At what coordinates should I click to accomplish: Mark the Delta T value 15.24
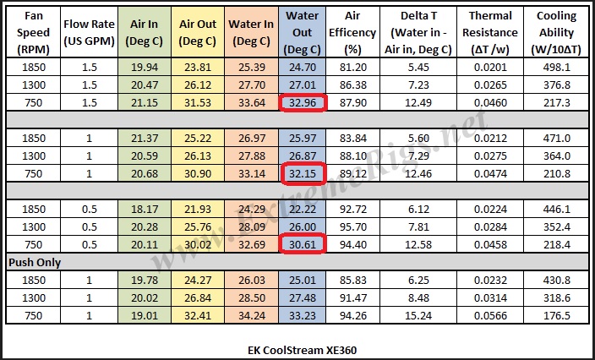click(x=419, y=315)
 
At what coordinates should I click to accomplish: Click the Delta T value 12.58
click(x=419, y=244)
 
